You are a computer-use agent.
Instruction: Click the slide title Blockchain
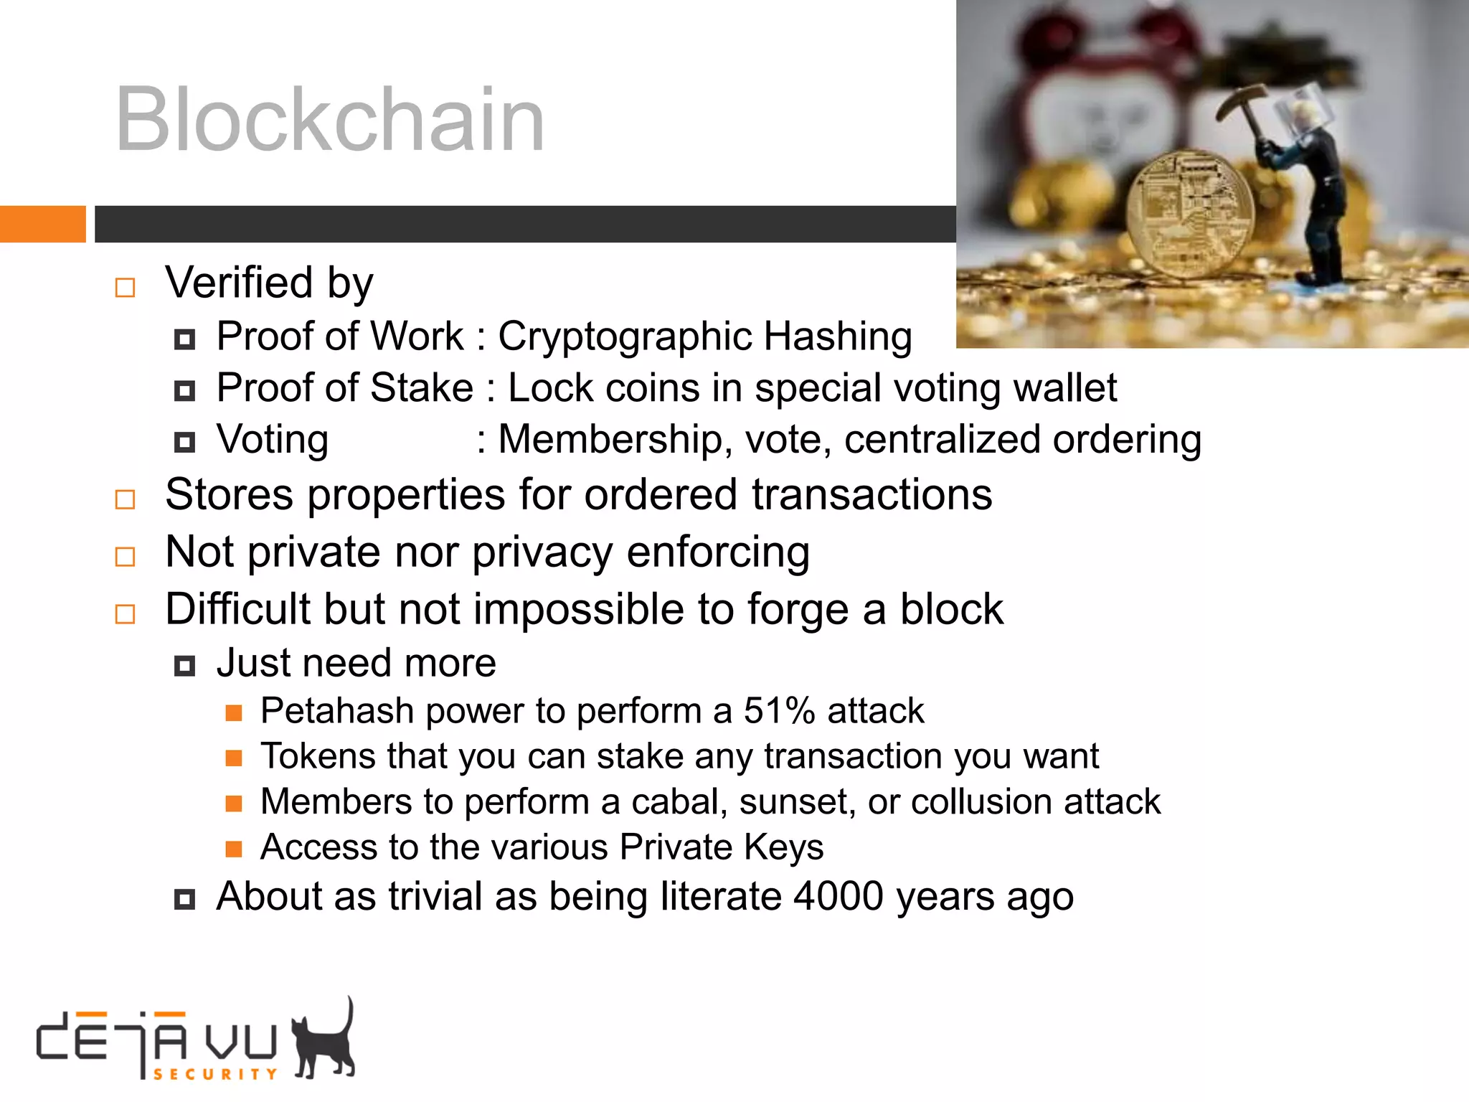pyautogui.click(x=330, y=119)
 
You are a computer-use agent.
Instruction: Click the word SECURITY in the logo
pyautogui.click(x=215, y=1074)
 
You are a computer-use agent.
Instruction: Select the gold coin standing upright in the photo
pyautogui.click(x=1191, y=215)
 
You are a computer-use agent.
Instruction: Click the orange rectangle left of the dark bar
pyautogui.click(x=42, y=224)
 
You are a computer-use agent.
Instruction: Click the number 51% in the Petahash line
pyautogui.click(x=779, y=711)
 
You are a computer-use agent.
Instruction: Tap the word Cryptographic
pyautogui.click(x=624, y=336)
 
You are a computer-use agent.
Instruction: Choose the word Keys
pyautogui.click(x=783, y=847)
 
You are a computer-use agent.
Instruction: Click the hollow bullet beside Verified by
pyautogui.click(x=126, y=288)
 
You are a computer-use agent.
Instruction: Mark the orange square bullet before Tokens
pyautogui.click(x=234, y=758)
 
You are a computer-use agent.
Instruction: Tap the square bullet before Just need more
pyautogui.click(x=184, y=667)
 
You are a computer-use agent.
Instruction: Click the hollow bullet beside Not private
pyautogui.click(x=126, y=556)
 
